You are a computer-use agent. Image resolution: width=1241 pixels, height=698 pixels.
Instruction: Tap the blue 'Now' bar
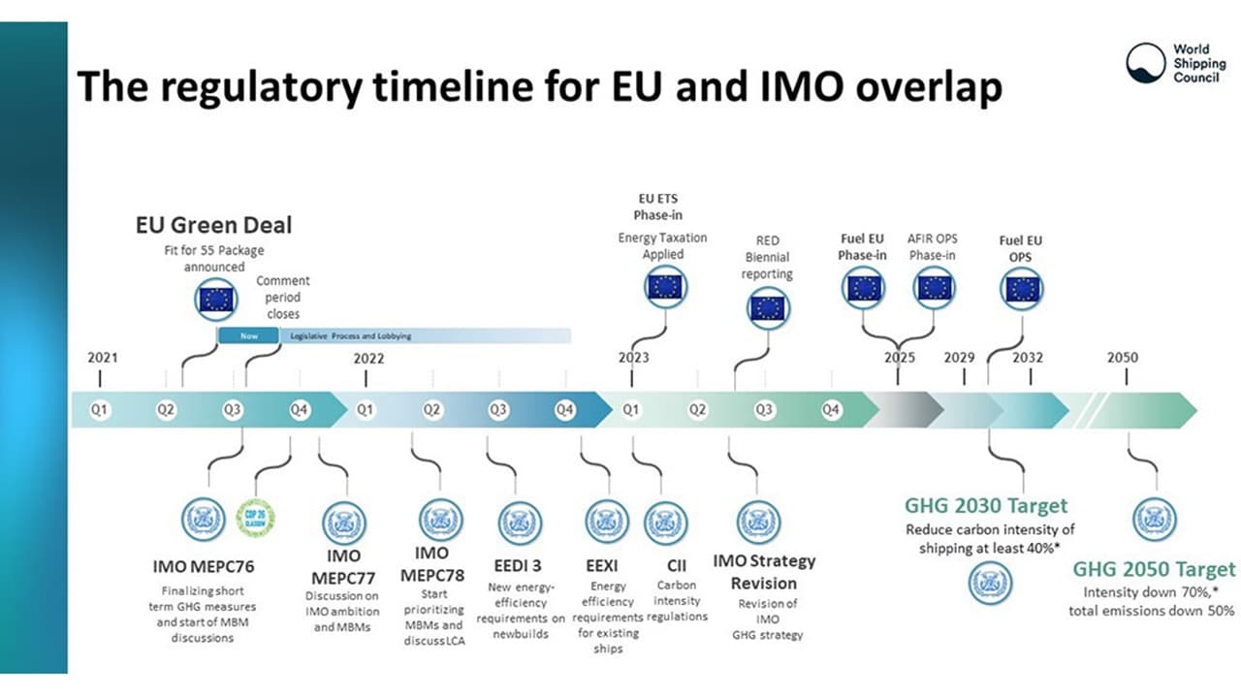point(247,335)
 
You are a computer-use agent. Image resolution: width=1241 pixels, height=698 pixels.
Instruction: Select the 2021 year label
point(103,358)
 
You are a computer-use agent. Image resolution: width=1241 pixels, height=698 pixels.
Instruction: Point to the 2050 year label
point(1123,358)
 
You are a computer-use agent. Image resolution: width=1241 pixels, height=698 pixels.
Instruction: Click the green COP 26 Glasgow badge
point(256,517)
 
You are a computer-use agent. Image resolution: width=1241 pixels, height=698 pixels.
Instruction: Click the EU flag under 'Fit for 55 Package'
point(216,299)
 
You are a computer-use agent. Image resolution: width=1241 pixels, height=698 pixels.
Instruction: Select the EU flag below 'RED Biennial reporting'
point(769,308)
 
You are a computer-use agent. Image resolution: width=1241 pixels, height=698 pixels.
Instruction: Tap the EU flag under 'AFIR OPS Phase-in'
point(936,288)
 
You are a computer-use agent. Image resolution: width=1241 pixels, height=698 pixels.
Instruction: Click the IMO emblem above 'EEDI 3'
point(521,523)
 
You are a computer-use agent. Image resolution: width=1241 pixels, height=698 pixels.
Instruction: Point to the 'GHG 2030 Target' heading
point(985,505)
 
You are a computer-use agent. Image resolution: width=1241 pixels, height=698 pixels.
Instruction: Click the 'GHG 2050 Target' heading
point(1154,569)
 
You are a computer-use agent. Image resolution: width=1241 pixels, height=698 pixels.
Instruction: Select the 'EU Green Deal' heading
point(213,225)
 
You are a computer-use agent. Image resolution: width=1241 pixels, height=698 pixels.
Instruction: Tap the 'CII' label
point(676,565)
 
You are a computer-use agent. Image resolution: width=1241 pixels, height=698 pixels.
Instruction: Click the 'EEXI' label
point(601,565)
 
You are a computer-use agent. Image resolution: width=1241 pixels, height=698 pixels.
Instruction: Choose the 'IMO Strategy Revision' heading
point(764,572)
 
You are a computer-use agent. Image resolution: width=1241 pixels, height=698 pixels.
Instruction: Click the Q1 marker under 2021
point(99,410)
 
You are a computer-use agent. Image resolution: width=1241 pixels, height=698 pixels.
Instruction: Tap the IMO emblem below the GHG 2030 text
point(990,583)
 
